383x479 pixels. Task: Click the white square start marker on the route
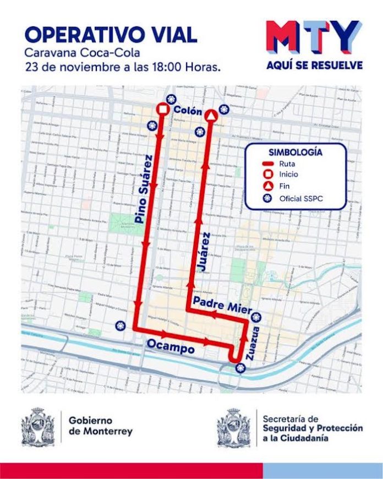[x=162, y=110]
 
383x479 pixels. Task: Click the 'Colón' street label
[x=186, y=111]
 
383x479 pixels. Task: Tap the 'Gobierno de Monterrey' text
[x=101, y=426]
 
